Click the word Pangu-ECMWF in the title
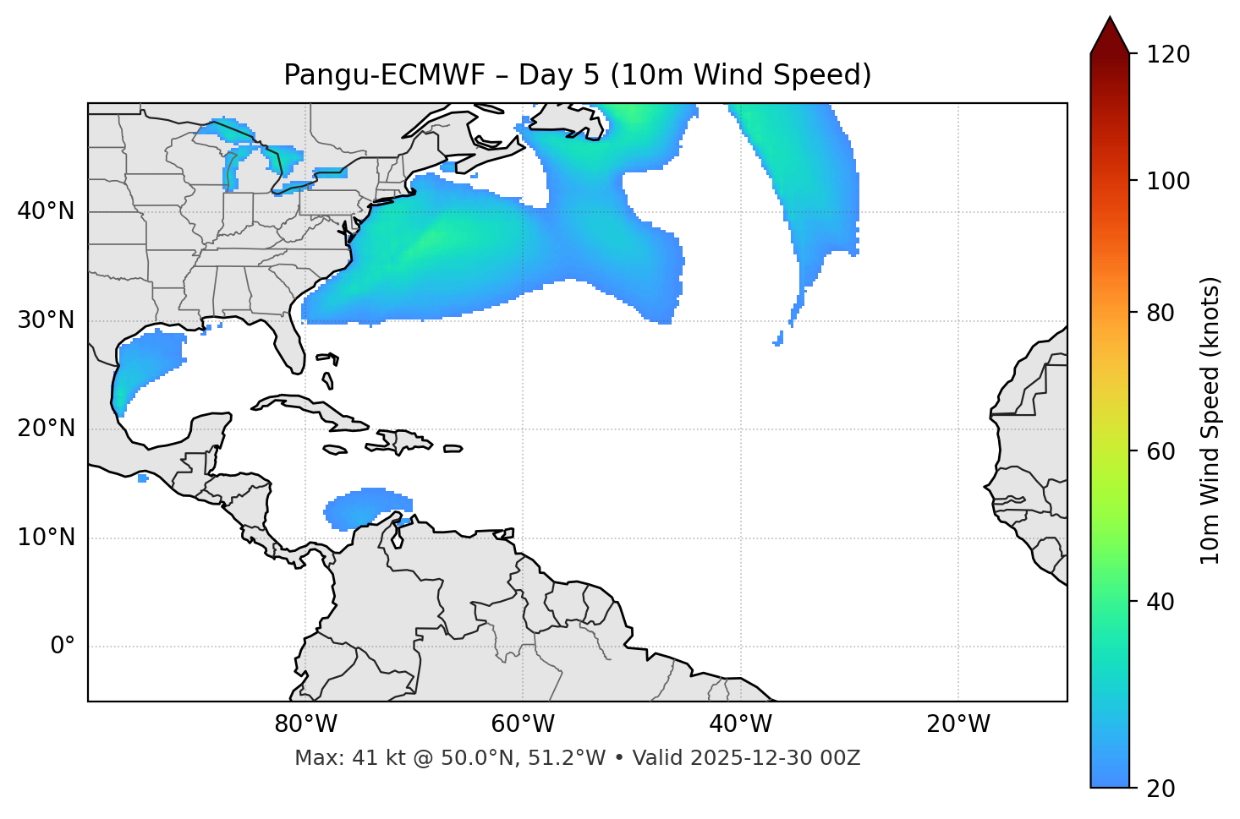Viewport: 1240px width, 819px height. (x=385, y=75)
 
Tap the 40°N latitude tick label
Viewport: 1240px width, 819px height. (x=46, y=211)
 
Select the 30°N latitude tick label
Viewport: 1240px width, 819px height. (x=46, y=320)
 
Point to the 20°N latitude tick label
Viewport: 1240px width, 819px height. (x=46, y=429)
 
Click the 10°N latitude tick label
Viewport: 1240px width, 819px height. (x=46, y=538)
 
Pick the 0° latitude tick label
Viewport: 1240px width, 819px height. (x=63, y=647)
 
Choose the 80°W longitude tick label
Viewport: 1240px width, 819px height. (x=305, y=724)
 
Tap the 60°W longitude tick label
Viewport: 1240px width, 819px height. (x=523, y=724)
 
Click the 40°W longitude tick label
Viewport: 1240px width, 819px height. (x=740, y=724)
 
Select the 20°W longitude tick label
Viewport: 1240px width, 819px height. (x=958, y=724)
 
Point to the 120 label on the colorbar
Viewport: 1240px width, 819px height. (x=1167, y=55)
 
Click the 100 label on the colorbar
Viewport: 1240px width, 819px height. (x=1167, y=181)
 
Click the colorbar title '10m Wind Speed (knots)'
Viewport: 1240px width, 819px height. (x=1210, y=421)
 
